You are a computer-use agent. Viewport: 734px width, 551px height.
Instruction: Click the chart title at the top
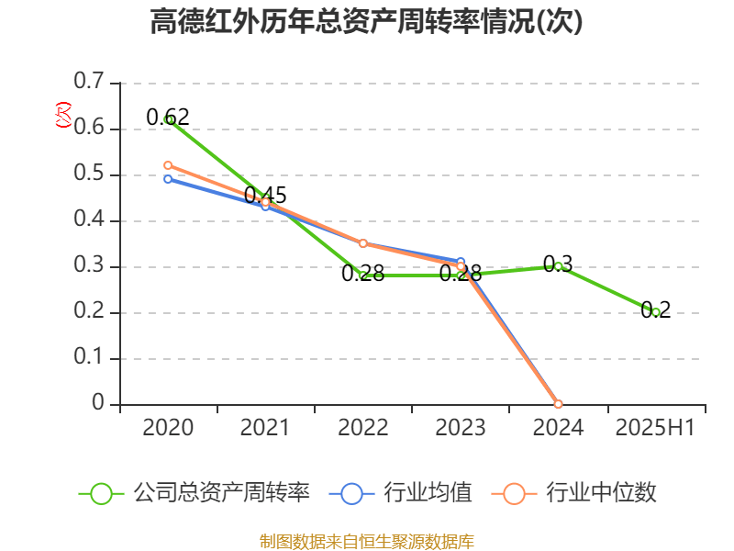tap(367, 22)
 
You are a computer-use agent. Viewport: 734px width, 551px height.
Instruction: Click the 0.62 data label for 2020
tap(168, 117)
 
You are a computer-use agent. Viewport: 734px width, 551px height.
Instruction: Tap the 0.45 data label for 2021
tap(265, 196)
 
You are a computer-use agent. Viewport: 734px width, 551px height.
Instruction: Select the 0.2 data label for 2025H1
tap(656, 309)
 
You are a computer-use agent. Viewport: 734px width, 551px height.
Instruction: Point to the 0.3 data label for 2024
tap(558, 264)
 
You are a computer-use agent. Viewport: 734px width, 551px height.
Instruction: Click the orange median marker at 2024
tap(558, 404)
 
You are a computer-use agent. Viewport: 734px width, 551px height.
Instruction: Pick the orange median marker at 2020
tap(168, 165)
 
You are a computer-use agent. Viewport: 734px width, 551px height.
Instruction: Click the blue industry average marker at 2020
tap(168, 179)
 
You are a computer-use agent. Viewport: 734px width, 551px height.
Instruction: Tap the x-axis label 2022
tap(363, 428)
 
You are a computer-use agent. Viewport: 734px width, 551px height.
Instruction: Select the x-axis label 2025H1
tap(655, 428)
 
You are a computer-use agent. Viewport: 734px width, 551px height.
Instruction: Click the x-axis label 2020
tap(168, 428)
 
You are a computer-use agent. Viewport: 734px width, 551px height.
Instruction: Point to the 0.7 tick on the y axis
tap(90, 83)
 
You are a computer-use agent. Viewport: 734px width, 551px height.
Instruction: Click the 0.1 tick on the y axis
tap(90, 358)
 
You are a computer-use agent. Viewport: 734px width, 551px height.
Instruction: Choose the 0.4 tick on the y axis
tap(90, 220)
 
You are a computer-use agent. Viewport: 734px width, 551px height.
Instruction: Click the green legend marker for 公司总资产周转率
tap(101, 493)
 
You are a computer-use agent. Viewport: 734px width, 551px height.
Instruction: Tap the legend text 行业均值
tap(432, 493)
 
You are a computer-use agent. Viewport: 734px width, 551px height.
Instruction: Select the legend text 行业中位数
tap(601, 493)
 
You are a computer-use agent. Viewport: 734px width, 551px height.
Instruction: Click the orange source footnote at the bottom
tap(367, 541)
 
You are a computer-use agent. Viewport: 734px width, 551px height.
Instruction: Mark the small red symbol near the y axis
tap(63, 115)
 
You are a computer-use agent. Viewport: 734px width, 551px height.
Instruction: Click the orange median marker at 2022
tap(363, 243)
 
